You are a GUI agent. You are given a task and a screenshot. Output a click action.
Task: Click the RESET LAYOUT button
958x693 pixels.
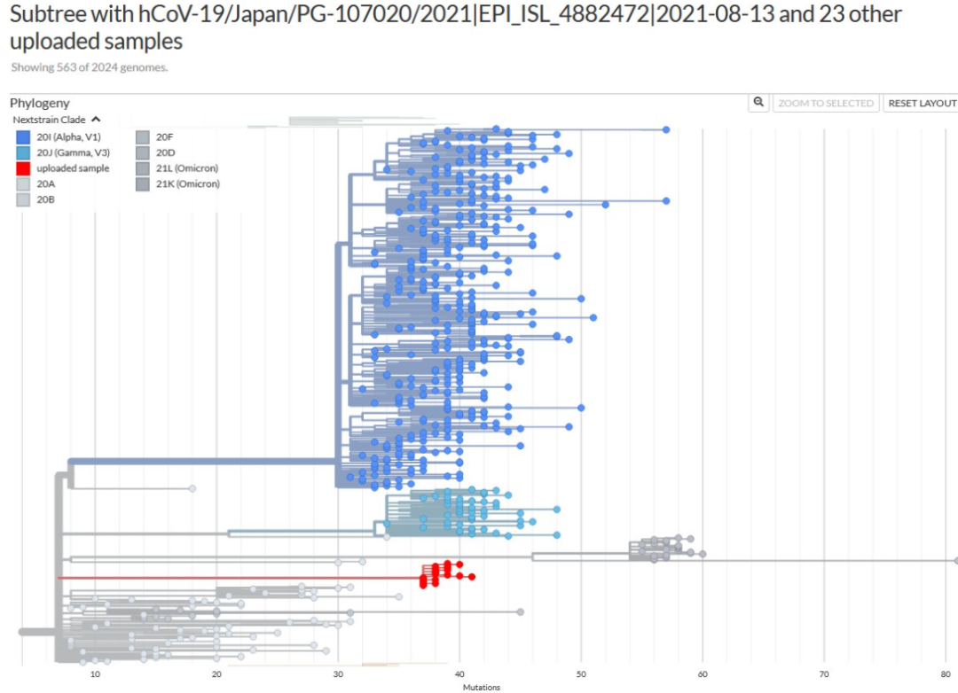(x=922, y=103)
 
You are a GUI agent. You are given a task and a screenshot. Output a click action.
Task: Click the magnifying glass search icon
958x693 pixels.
(x=758, y=103)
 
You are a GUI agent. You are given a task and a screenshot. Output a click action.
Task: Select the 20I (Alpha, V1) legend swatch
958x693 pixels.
(x=23, y=136)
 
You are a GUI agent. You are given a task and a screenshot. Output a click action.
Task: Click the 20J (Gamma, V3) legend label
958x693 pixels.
(x=74, y=152)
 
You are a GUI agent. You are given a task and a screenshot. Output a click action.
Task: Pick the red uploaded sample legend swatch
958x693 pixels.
(x=23, y=168)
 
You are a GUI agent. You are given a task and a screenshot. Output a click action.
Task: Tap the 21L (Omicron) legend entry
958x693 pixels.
(x=186, y=168)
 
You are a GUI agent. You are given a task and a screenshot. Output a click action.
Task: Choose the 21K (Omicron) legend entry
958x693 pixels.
(x=186, y=184)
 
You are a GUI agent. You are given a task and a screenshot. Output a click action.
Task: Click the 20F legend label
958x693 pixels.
(x=165, y=136)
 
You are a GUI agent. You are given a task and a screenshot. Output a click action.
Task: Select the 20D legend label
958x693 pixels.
(x=165, y=152)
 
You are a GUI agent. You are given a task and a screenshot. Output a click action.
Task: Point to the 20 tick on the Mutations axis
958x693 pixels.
(x=216, y=674)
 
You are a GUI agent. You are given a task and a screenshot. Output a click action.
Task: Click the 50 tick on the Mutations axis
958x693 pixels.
(x=581, y=674)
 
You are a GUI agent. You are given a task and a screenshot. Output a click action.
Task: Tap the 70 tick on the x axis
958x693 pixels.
(x=824, y=674)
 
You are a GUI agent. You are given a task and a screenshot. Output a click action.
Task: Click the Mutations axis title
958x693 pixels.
(x=481, y=687)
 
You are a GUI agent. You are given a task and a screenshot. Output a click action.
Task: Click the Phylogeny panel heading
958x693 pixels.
(x=40, y=103)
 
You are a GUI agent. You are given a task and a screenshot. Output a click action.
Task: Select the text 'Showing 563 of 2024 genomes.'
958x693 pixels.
(x=89, y=67)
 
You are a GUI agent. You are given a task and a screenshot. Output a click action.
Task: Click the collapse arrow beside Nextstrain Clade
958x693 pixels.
(x=96, y=120)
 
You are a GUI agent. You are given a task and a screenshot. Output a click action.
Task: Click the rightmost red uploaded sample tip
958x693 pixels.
(x=471, y=577)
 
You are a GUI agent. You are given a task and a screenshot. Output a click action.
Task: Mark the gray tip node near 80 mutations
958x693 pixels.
(x=956, y=561)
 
